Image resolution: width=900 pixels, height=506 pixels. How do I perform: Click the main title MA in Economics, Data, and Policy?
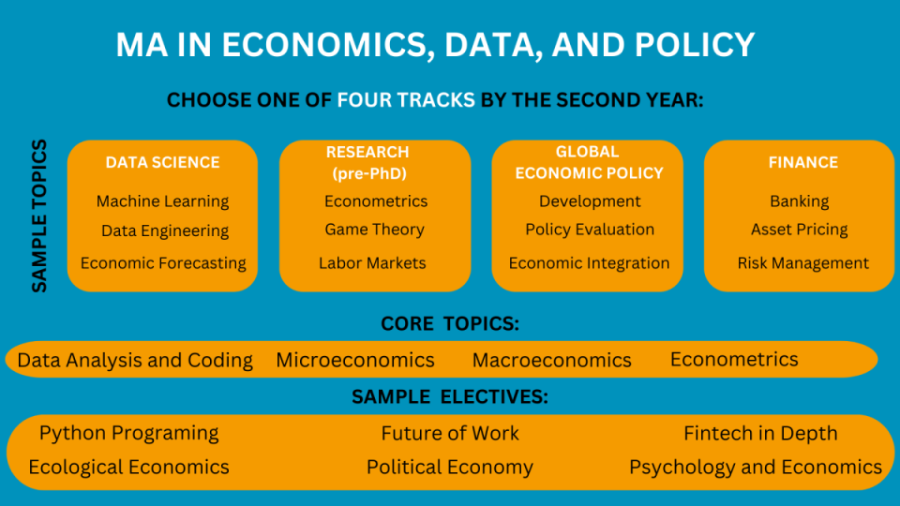click(435, 45)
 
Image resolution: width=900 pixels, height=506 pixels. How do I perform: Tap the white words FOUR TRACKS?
click(406, 100)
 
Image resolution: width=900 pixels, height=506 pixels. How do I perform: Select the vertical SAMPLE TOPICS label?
click(39, 216)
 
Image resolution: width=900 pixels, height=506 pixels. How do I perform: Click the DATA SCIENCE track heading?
click(162, 162)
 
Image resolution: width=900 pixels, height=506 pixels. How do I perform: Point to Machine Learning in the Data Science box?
click(162, 201)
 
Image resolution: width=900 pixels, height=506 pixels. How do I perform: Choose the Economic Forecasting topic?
click(163, 263)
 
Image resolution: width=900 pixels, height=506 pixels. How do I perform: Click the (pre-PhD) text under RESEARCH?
click(369, 174)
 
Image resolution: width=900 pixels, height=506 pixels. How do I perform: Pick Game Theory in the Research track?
click(374, 230)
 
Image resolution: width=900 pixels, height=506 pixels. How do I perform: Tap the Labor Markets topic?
click(372, 262)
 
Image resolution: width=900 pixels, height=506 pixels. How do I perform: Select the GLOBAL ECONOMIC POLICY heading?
click(589, 162)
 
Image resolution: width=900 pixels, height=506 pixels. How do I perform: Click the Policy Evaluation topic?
click(590, 230)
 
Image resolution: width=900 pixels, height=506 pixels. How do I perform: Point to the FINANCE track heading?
click(803, 162)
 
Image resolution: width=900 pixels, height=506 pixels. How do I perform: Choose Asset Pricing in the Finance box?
click(799, 230)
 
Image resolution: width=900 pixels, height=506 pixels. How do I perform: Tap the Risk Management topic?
click(803, 263)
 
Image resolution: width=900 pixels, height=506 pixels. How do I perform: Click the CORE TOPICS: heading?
click(450, 323)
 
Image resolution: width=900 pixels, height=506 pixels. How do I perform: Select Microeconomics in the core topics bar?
click(355, 360)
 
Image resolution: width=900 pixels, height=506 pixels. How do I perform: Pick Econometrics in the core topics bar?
click(734, 359)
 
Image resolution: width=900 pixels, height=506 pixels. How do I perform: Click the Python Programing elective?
click(128, 433)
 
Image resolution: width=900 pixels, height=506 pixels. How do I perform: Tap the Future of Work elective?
click(450, 433)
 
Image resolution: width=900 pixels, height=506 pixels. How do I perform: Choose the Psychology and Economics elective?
click(756, 468)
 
